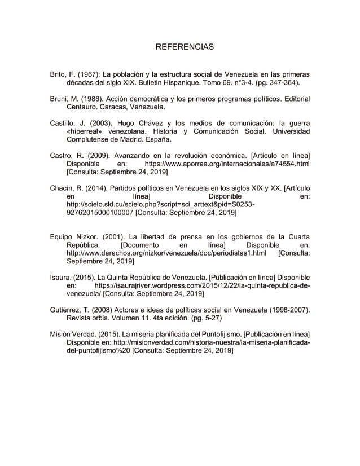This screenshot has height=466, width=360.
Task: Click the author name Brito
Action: click(58, 74)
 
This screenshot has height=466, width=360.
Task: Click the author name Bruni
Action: click(59, 99)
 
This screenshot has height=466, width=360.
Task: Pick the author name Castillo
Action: click(62, 123)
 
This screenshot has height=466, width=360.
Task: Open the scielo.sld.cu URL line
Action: click(149, 205)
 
